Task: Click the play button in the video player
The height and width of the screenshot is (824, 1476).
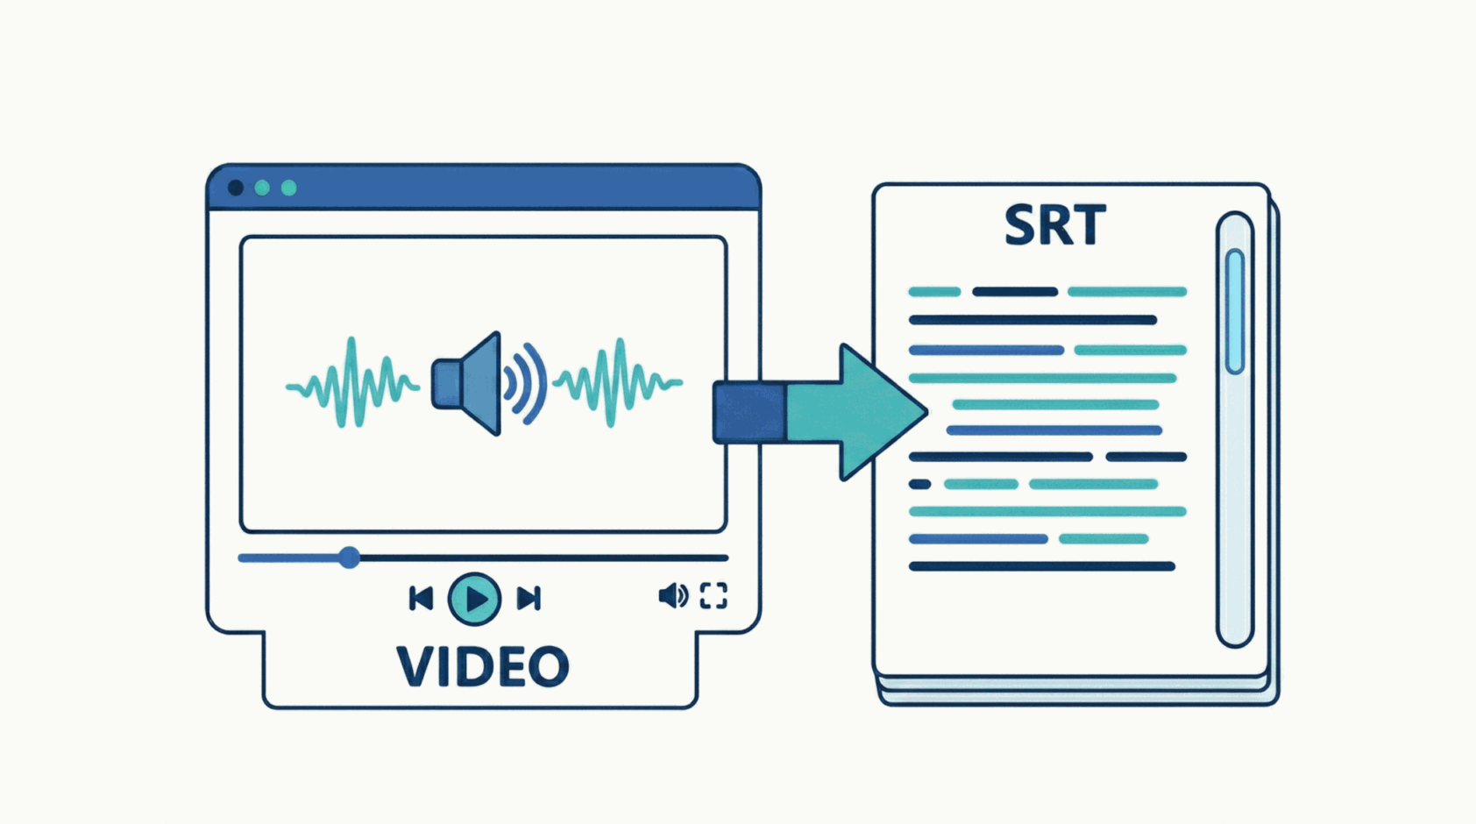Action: pos(474,599)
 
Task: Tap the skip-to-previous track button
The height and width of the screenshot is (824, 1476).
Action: pos(421,599)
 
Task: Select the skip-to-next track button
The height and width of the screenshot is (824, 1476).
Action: pos(529,599)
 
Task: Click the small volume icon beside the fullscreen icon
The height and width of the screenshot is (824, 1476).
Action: pos(672,596)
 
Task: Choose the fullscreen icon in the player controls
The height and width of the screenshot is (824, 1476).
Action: pos(713,596)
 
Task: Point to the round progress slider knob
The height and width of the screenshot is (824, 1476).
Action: pos(349,557)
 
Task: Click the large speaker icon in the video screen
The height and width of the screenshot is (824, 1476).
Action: pos(469,384)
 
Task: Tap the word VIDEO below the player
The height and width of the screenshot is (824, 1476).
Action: pos(483,667)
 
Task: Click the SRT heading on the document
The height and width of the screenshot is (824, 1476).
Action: pos(1054,226)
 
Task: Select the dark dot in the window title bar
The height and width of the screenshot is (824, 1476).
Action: pos(236,188)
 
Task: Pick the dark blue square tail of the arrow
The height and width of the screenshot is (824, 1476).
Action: pos(749,412)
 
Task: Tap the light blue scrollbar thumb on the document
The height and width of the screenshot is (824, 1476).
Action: pos(1235,311)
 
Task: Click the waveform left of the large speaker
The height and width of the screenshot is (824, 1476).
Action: pos(352,383)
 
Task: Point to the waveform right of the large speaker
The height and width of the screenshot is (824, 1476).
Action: pos(619,383)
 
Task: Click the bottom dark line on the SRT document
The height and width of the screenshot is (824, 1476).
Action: pos(1041,567)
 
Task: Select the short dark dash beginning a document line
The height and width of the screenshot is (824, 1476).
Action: pos(919,484)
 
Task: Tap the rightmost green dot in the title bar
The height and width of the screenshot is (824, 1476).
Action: pos(288,188)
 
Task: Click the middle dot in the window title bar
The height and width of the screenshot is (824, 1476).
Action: pos(262,188)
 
